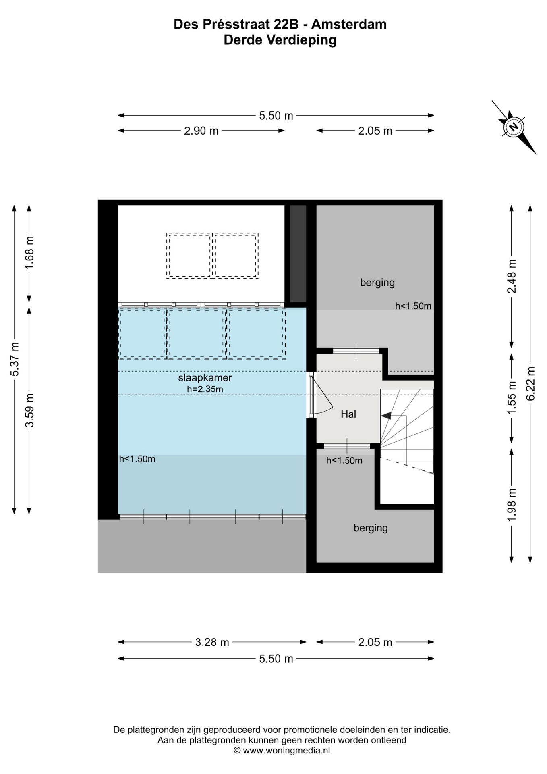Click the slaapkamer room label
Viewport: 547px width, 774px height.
coord(205,378)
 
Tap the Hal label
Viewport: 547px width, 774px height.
coord(348,414)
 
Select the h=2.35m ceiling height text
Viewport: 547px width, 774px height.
coord(205,389)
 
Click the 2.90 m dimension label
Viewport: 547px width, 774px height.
coord(201,131)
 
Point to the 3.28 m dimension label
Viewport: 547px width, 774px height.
coord(212,642)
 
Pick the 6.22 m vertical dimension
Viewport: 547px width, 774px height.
coord(530,383)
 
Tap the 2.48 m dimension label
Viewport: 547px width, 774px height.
coord(512,277)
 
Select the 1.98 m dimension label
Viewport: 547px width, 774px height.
coord(512,505)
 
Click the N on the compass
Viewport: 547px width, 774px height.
coord(514,127)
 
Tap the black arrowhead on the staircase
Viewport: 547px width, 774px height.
coord(385,416)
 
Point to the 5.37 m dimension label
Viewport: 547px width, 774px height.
coord(15,359)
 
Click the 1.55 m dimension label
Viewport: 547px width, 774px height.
coord(512,397)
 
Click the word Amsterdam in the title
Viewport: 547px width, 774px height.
coord(349,24)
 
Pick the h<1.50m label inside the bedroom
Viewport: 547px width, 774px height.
coord(137,459)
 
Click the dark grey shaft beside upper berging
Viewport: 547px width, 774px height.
coord(298,253)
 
